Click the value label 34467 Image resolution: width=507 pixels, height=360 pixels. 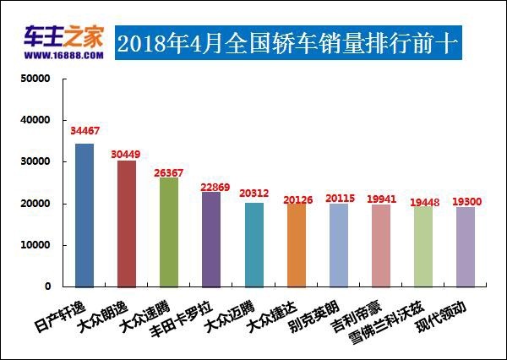(84, 131)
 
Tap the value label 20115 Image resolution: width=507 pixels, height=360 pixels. (341, 198)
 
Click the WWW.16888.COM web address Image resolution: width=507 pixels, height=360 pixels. (58, 56)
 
